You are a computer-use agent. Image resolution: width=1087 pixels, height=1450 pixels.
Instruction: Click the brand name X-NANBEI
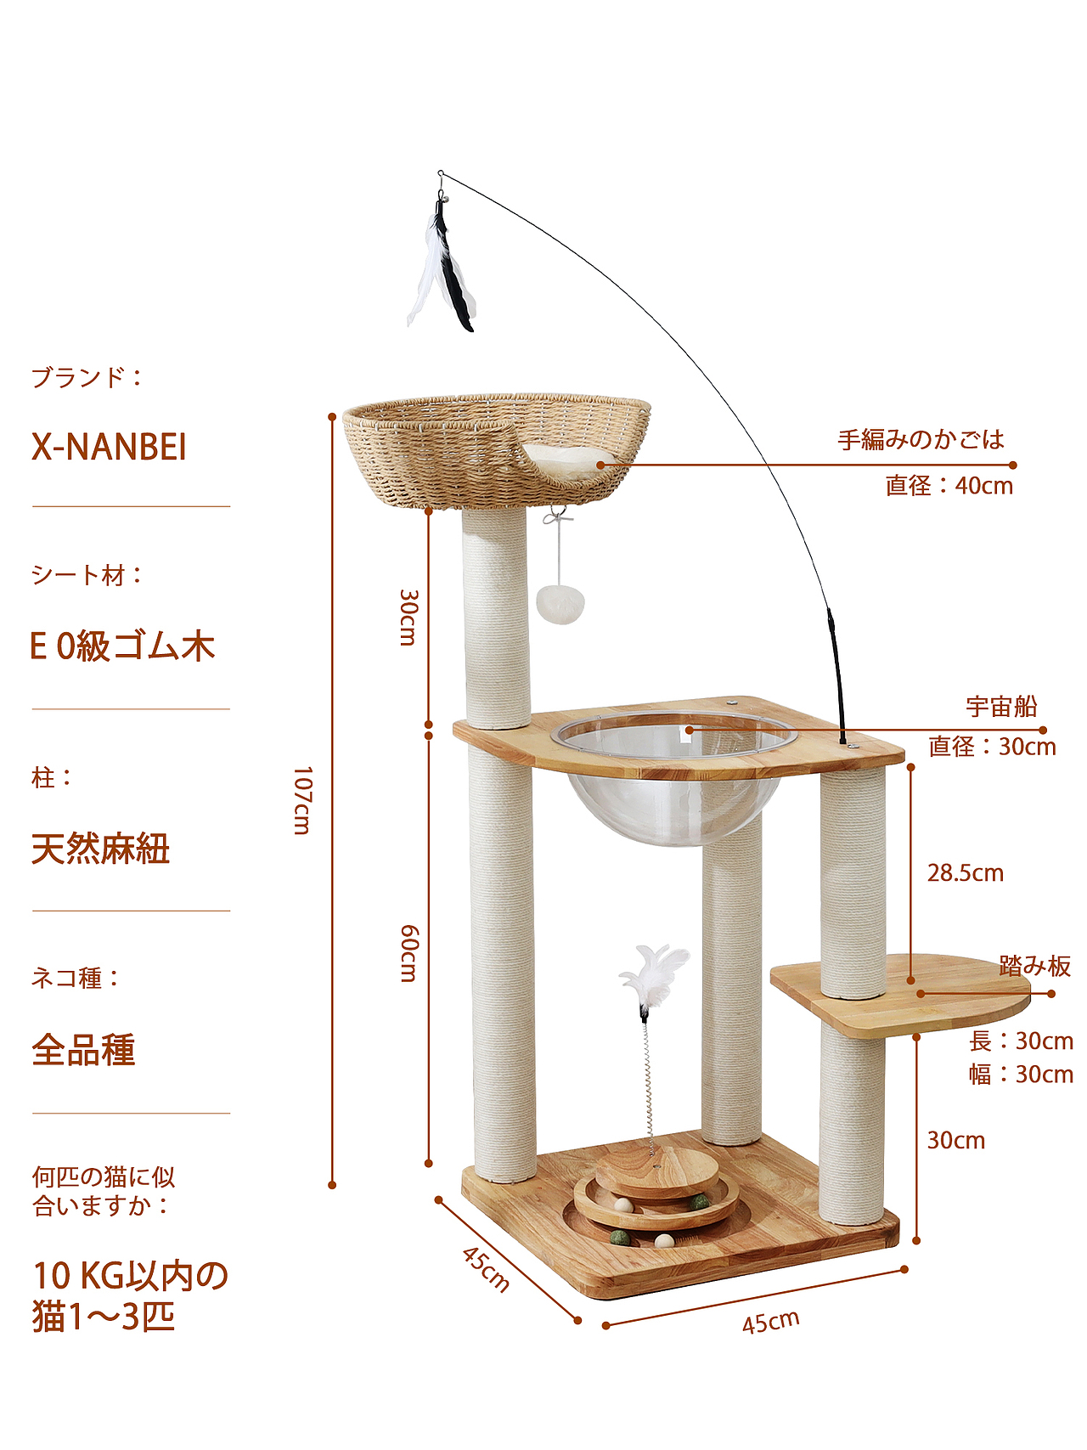pyautogui.click(x=109, y=448)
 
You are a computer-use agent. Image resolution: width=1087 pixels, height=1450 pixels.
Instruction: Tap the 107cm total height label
pyautogui.click(x=302, y=800)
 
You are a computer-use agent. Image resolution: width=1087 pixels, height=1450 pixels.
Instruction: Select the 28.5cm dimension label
pyautogui.click(x=965, y=873)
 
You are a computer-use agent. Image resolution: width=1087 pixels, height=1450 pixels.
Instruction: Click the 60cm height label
pyautogui.click(x=408, y=953)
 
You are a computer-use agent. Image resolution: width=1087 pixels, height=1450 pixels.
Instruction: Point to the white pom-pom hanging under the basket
pyautogui.click(x=560, y=602)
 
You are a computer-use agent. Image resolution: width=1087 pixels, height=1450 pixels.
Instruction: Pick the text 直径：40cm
pyautogui.click(x=949, y=486)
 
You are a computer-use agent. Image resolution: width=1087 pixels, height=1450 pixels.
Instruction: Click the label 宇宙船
pyautogui.click(x=1001, y=707)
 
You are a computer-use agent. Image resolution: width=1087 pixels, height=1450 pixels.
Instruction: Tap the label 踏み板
pyautogui.click(x=1034, y=966)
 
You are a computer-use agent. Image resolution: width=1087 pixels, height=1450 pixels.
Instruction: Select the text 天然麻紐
pyautogui.click(x=100, y=849)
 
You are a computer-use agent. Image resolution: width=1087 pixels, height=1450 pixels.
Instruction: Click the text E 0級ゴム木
pyautogui.click(x=122, y=647)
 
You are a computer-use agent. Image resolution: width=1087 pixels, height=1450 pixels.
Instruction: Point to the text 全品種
pyautogui.click(x=83, y=1050)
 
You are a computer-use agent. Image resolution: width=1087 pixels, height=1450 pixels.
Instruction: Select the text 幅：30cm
pyautogui.click(x=1021, y=1075)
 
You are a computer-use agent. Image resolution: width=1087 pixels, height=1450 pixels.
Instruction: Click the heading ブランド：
pyautogui.click(x=87, y=377)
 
